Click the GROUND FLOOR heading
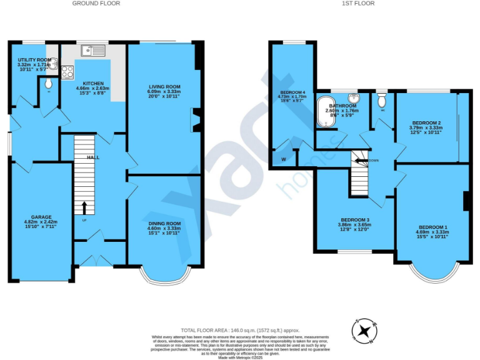coord(96,4)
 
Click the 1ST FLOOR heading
coord(357,4)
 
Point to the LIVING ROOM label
coord(164,87)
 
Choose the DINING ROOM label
coord(164,223)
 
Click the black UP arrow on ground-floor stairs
coord(84,207)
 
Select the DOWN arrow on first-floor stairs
coord(361,161)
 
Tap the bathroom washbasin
coord(354,99)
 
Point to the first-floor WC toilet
coord(382,100)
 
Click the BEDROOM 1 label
coord(432,227)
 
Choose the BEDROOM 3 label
coord(354,220)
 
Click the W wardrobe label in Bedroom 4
coord(284,159)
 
